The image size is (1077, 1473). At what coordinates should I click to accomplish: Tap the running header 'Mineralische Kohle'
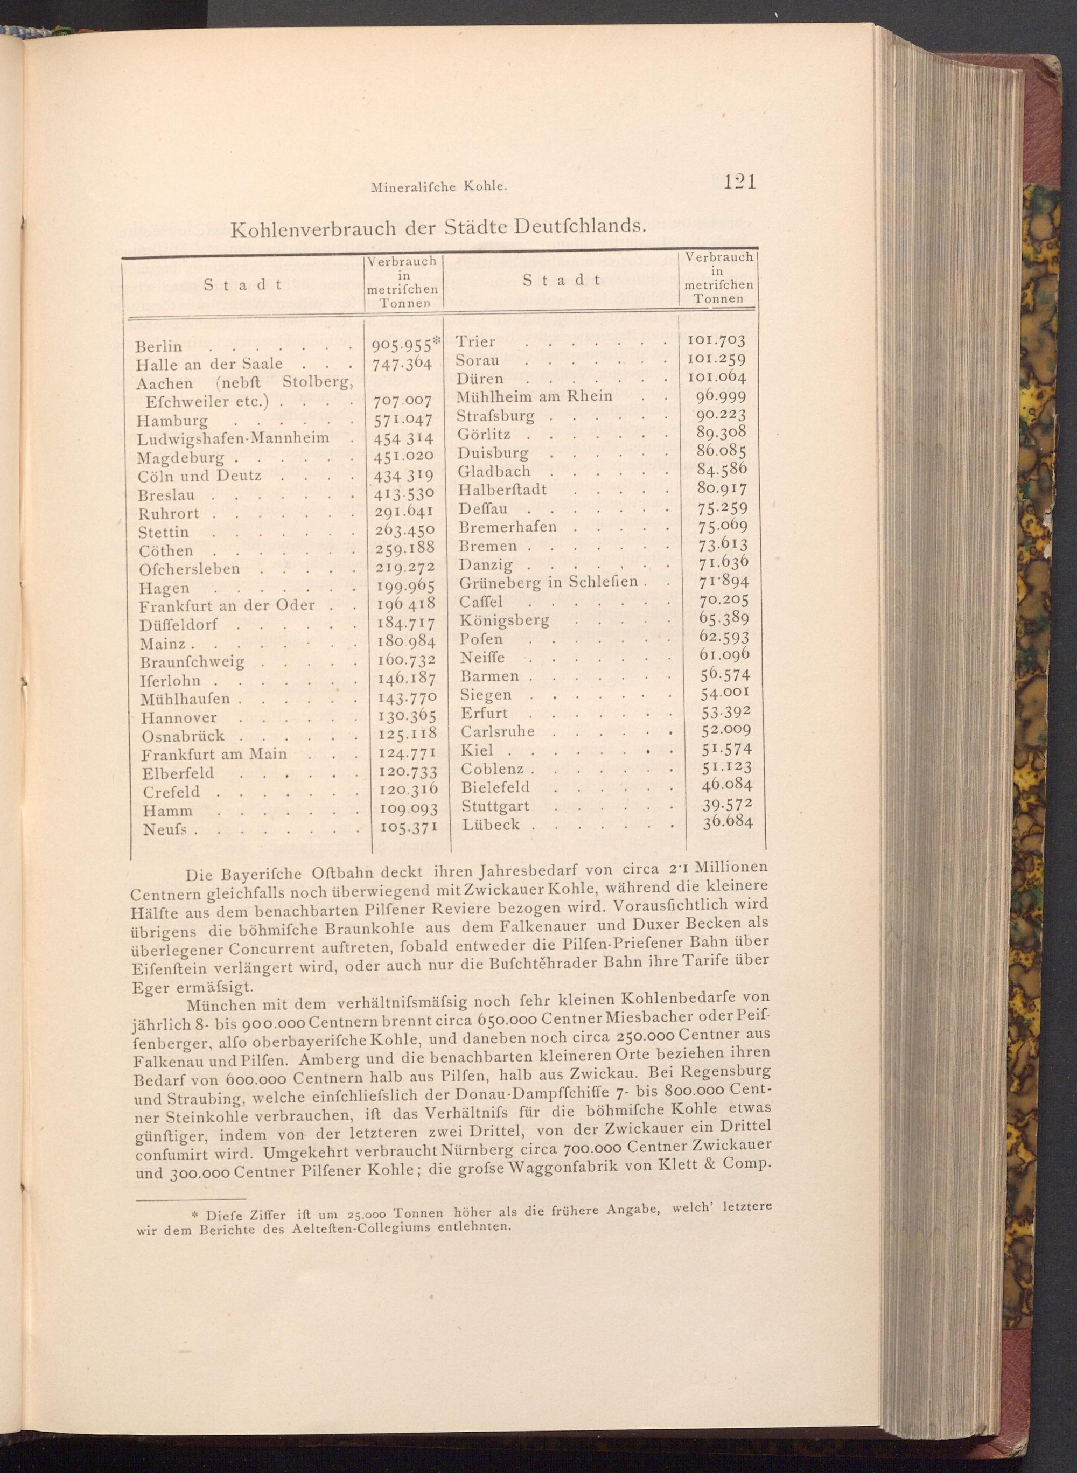click(x=438, y=187)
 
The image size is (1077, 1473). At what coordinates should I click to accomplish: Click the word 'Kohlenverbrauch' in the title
click(x=310, y=230)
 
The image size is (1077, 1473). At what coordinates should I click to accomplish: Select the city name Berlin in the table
click(x=159, y=346)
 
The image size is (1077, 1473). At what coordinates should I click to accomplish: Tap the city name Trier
click(x=475, y=341)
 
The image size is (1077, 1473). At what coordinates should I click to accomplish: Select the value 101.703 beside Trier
click(x=716, y=340)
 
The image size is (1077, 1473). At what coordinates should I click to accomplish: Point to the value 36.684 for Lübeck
click(x=728, y=821)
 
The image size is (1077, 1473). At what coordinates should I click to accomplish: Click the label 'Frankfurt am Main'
click(x=214, y=755)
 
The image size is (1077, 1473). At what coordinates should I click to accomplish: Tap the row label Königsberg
click(x=504, y=619)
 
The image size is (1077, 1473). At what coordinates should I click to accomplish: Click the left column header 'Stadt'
click(x=242, y=284)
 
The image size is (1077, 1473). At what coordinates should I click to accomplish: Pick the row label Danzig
click(x=486, y=564)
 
